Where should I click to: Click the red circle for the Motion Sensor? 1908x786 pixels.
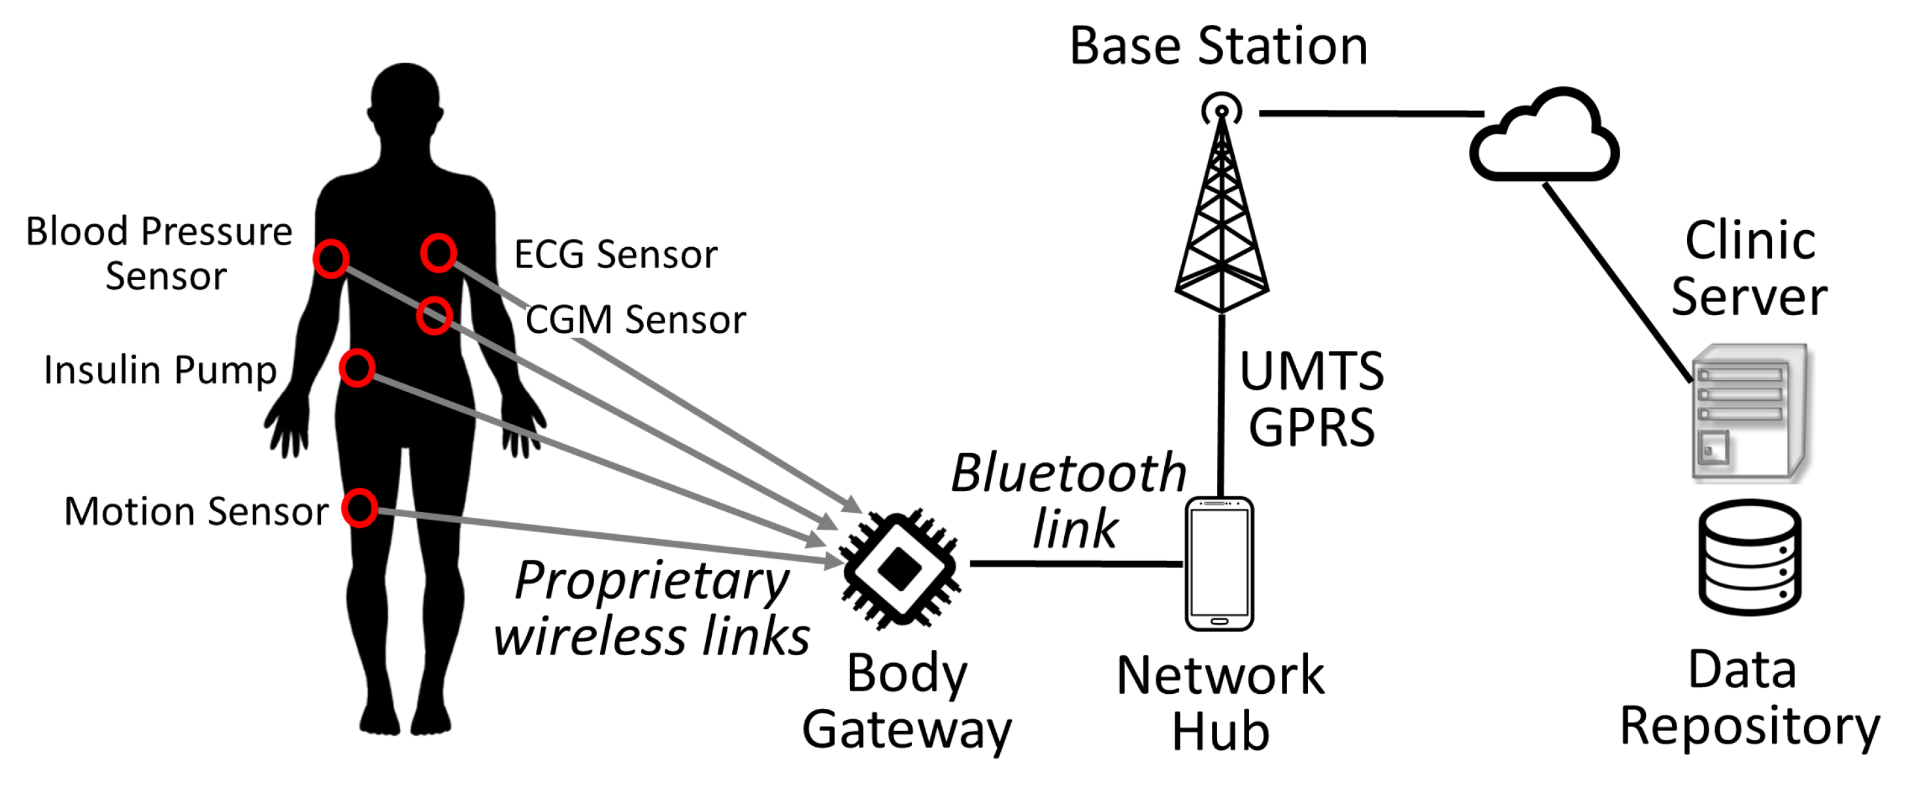pyautogui.click(x=360, y=508)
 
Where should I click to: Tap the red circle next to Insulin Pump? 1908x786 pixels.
pyautogui.click(x=357, y=368)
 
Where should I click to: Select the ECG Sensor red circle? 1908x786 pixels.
pyautogui.click(x=439, y=253)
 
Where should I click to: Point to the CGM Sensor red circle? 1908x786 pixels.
pyautogui.click(x=434, y=316)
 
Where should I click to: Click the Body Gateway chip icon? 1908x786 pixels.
pyautogui.click(x=900, y=569)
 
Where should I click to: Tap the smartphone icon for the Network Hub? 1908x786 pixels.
pyautogui.click(x=1219, y=564)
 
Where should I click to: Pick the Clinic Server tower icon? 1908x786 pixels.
pyautogui.click(x=1750, y=413)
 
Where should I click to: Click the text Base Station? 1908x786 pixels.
pyautogui.click(x=1218, y=46)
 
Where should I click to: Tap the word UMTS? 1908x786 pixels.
pyautogui.click(x=1311, y=371)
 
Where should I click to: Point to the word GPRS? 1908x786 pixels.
pyautogui.click(x=1311, y=428)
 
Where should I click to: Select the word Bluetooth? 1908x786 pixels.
pyautogui.click(x=1069, y=473)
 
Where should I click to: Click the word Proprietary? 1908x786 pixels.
pyautogui.click(x=652, y=581)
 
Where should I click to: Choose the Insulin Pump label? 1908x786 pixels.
pyautogui.click(x=160, y=369)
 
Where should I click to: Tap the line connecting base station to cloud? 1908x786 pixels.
pyautogui.click(x=1370, y=113)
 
